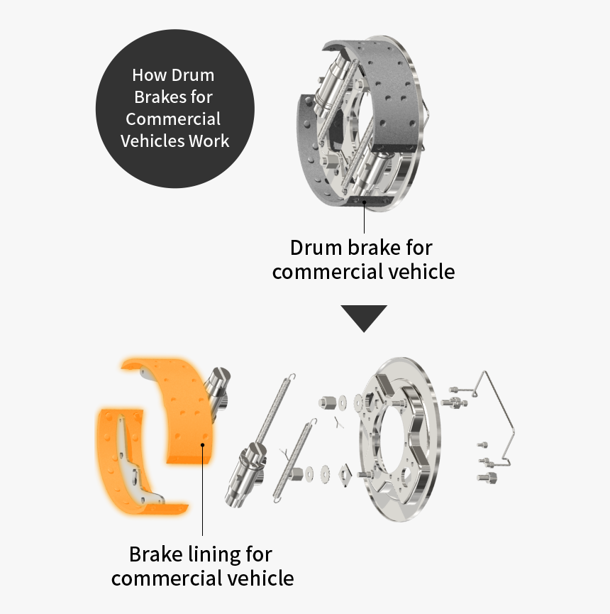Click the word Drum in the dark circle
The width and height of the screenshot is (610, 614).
tap(194, 75)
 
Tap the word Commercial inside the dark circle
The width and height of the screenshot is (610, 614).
tap(173, 119)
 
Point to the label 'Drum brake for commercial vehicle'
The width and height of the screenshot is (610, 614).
tap(363, 260)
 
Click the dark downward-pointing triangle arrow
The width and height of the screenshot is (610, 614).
tap(363, 317)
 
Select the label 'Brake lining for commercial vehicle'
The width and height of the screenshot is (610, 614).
tap(202, 566)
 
